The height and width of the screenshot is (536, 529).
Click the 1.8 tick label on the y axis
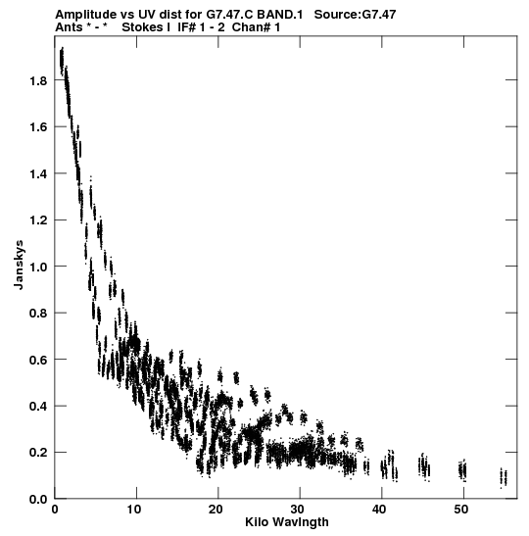point(38,80)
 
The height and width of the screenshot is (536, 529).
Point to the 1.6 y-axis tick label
point(38,127)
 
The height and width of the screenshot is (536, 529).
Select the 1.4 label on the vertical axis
point(38,173)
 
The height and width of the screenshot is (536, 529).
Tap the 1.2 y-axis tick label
point(38,220)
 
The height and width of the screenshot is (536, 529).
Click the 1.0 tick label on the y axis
point(38,267)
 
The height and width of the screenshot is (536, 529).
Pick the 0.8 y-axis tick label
point(38,314)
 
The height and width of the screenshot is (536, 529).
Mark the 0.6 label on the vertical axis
point(38,360)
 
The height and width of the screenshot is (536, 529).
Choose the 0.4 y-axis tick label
point(38,406)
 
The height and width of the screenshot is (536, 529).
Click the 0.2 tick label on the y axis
point(38,453)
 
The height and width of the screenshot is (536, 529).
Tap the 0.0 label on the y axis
point(38,499)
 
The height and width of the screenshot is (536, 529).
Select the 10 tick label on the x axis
point(134,510)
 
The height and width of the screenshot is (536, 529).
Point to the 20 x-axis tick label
point(216,510)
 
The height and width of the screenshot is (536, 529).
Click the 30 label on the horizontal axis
point(297,510)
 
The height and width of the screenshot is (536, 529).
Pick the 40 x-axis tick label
point(379,510)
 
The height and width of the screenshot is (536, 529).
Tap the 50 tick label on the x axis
point(461,510)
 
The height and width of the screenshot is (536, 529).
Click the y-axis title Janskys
point(19,265)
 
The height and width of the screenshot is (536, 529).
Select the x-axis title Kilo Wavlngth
point(287,522)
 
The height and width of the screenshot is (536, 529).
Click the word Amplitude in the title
point(85,15)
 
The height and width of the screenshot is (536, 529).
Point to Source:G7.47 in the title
point(355,15)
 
